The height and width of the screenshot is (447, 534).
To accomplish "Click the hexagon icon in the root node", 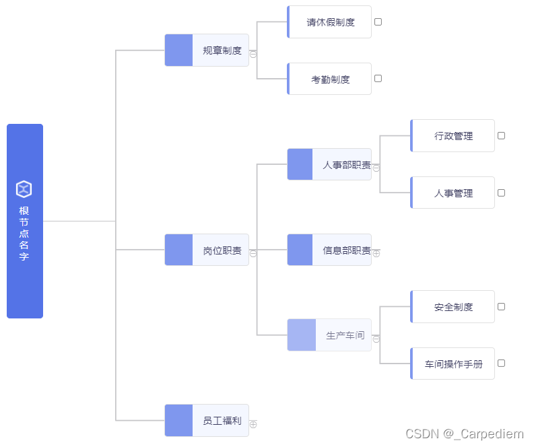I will click(x=24, y=189).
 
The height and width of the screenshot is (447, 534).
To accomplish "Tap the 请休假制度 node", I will click(x=329, y=22).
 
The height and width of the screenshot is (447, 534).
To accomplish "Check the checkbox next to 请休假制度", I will click(x=378, y=22).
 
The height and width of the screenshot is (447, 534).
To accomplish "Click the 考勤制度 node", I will click(x=329, y=79).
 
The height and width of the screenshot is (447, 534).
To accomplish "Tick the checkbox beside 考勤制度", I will click(x=378, y=78).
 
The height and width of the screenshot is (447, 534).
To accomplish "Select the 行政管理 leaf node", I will click(x=453, y=136).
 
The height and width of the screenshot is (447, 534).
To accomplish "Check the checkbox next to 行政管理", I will click(x=501, y=135).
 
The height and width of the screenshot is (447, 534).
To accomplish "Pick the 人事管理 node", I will click(x=453, y=193).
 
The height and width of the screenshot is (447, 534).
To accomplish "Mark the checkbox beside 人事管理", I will click(x=501, y=193).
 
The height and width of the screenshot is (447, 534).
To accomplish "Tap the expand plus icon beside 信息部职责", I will click(x=376, y=254).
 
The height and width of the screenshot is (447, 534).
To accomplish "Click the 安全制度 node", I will click(x=453, y=307).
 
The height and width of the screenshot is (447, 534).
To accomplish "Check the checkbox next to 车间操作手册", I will click(x=501, y=363).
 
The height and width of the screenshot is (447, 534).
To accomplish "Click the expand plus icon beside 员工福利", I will click(x=253, y=424).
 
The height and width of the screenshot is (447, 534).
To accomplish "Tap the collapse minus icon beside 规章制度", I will click(x=253, y=54).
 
